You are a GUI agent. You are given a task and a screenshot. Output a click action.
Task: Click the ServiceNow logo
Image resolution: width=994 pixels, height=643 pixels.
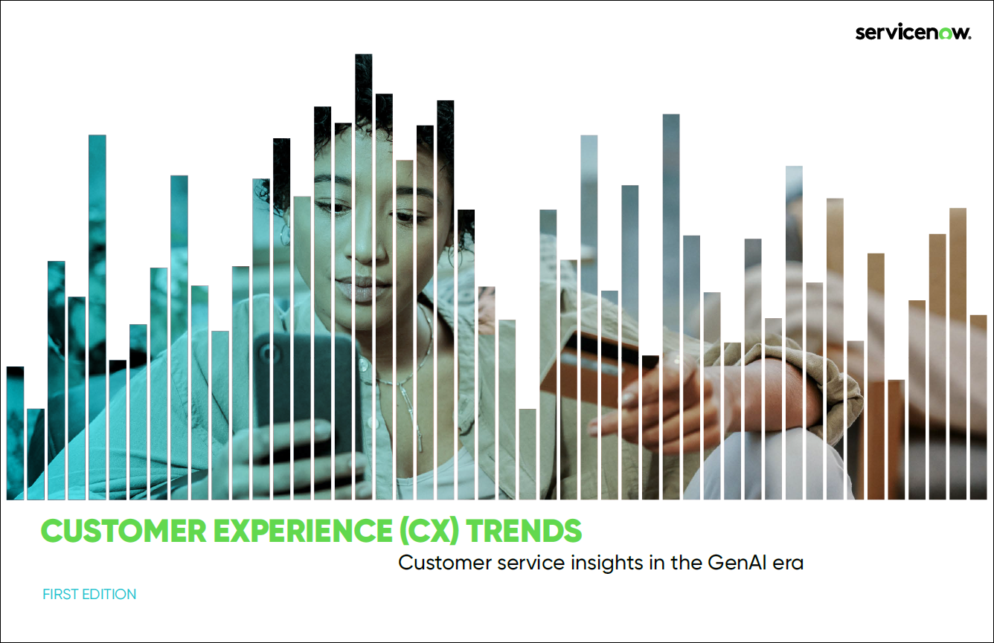913,33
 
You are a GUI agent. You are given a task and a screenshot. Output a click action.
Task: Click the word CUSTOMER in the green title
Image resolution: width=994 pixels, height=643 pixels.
124,531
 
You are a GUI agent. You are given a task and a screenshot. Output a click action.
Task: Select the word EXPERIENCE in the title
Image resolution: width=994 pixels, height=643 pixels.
303,531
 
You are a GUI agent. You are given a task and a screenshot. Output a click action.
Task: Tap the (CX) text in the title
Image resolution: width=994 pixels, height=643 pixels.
429,531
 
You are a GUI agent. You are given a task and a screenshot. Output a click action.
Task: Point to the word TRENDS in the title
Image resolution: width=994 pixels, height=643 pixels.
524,531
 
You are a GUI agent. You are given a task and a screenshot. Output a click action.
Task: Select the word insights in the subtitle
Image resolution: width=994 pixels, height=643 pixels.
607,563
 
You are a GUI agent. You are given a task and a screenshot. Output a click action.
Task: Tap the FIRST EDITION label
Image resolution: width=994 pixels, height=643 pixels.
89,594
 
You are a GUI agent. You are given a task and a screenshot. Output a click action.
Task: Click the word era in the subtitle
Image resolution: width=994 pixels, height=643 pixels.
789,564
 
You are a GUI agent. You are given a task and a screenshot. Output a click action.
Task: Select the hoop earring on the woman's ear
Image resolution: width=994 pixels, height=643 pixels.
284,234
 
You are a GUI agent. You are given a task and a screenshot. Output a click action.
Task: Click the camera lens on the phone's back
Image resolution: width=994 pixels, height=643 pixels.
267,355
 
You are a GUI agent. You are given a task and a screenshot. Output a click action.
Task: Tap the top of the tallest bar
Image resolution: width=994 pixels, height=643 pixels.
363,54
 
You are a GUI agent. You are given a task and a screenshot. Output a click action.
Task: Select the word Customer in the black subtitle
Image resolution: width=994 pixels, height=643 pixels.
445,563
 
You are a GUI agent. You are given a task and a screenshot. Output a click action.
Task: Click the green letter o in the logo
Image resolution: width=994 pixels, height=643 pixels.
946,33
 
